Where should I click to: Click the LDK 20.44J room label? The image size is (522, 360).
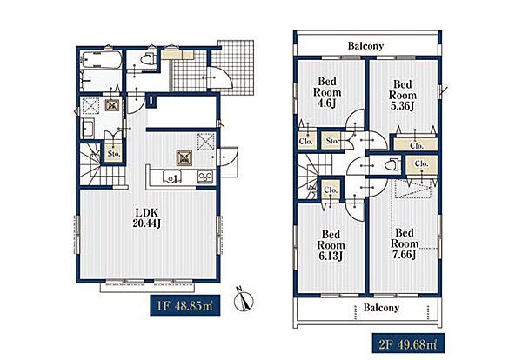[147, 218]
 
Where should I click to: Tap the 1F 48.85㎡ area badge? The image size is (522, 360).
[184, 305]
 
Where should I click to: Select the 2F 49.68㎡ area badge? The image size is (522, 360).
[408, 343]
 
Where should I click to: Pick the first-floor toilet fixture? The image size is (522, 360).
[147, 59]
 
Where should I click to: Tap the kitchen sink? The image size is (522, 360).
[171, 177]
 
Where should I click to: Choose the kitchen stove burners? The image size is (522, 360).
[205, 177]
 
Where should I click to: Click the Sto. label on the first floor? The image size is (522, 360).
[114, 154]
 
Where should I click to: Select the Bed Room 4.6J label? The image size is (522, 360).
[327, 92]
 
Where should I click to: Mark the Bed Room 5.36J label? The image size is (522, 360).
[403, 95]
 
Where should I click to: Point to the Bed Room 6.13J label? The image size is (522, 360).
[331, 245]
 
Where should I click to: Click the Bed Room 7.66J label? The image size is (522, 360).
[405, 243]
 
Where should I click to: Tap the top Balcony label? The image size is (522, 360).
[365, 45]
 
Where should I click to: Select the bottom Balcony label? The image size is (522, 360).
[381, 308]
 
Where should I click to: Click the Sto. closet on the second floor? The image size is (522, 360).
[332, 141]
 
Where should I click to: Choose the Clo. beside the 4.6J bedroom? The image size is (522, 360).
[305, 141]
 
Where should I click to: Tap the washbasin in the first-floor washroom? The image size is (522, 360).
[88, 129]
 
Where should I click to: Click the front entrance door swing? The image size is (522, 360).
[218, 77]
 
